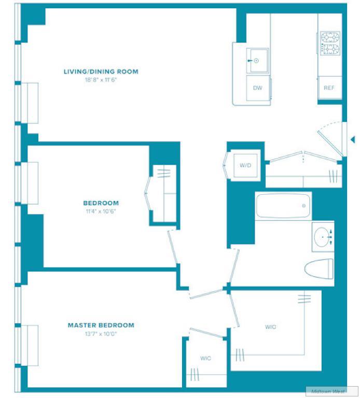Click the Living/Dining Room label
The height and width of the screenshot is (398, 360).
coord(101,72)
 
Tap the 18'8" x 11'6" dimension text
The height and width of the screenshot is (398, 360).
coord(101,80)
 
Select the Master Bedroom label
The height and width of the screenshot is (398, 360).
coord(101,325)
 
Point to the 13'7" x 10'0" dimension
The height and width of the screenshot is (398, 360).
coord(101,334)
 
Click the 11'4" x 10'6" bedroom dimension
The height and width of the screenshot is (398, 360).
coord(101,211)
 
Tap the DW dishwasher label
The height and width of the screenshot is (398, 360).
coord(258,88)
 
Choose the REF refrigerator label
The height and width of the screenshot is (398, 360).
coord(329,88)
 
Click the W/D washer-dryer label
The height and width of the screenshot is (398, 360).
coord(245,165)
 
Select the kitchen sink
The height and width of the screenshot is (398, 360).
coord(257,61)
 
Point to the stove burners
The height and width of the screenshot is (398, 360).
coord(330,43)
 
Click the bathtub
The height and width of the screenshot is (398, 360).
coord(283,206)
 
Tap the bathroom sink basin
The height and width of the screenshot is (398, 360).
coord(322,237)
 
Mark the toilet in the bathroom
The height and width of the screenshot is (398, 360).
coord(319,269)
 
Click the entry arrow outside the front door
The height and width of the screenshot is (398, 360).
coord(353,139)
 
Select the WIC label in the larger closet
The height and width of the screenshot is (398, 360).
coord(270,327)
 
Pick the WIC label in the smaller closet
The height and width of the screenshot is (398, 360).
coord(205,358)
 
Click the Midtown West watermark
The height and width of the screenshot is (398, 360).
coord(328,391)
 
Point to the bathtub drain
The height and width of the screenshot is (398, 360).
coord(304,206)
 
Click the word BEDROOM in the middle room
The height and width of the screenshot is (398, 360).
coord(101,203)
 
